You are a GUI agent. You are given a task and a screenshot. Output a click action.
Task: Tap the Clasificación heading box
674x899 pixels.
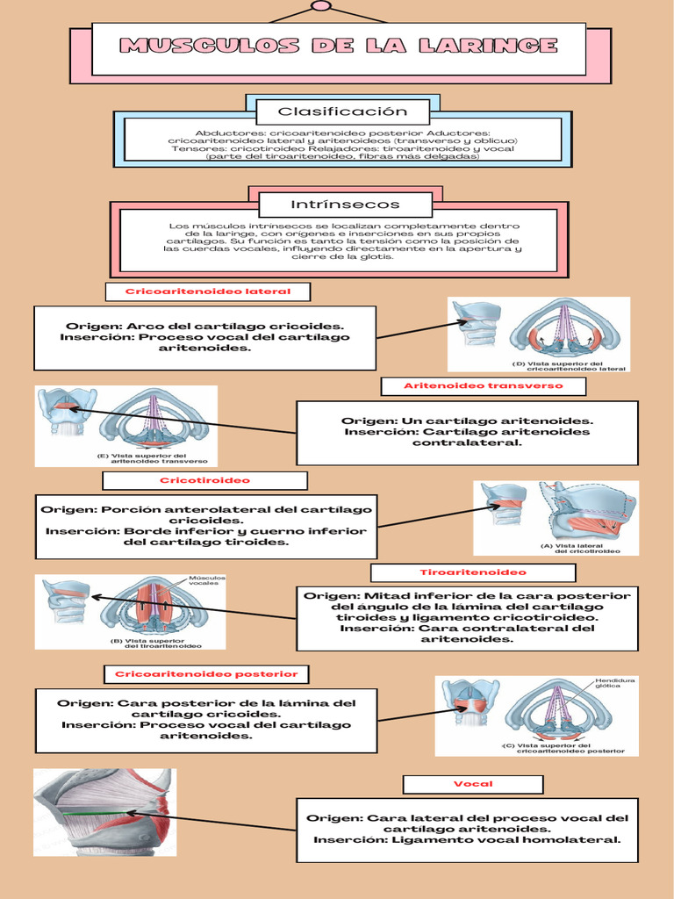pyautogui.click(x=342, y=111)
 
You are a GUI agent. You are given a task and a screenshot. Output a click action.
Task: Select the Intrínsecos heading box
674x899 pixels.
pyautogui.click(x=345, y=205)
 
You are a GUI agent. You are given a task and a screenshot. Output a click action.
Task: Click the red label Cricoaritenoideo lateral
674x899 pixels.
pyautogui.click(x=208, y=291)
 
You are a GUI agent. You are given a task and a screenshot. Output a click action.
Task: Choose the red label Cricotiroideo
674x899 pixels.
pyautogui.click(x=204, y=480)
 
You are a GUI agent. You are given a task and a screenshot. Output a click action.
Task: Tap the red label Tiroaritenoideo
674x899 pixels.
pyautogui.click(x=473, y=572)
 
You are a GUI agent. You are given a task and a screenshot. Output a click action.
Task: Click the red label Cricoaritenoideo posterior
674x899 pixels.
pyautogui.click(x=207, y=674)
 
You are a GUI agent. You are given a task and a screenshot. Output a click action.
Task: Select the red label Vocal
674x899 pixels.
pyautogui.click(x=473, y=783)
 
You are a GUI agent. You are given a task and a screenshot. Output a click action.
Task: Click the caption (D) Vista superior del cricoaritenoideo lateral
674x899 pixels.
pyautogui.click(x=569, y=365)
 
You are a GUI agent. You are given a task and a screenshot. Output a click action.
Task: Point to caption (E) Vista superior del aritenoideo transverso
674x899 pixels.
pyautogui.click(x=153, y=458)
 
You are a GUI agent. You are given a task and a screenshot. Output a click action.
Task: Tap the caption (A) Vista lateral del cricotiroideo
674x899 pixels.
pyautogui.click(x=580, y=549)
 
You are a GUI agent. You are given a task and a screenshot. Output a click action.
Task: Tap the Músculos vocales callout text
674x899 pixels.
pyautogui.click(x=207, y=580)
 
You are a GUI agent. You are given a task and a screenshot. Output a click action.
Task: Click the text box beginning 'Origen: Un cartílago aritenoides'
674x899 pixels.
pyautogui.click(x=467, y=432)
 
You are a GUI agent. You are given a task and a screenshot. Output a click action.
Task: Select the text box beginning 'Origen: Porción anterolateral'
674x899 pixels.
pyautogui.click(x=206, y=525)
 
